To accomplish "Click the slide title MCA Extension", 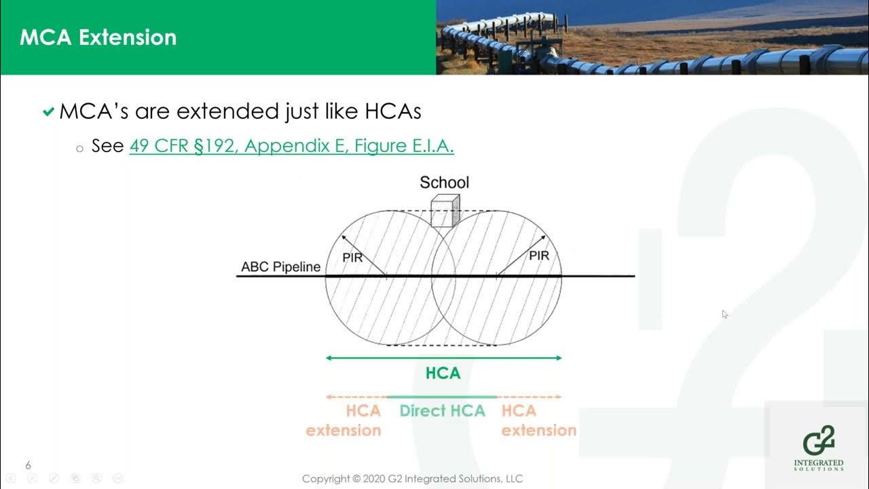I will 98,37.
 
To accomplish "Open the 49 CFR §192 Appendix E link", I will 291,145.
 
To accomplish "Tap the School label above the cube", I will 444,182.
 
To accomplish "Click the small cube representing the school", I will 445,211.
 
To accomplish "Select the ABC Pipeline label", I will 280,267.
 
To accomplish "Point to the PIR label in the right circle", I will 538,256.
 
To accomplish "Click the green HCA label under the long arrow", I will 443,373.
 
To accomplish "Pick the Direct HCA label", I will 442,411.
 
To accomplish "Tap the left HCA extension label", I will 344,420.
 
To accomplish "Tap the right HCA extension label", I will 538,420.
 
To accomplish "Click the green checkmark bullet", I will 48,112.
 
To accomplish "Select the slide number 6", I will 29,465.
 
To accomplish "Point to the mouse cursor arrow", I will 724,314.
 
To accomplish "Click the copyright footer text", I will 412,479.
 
